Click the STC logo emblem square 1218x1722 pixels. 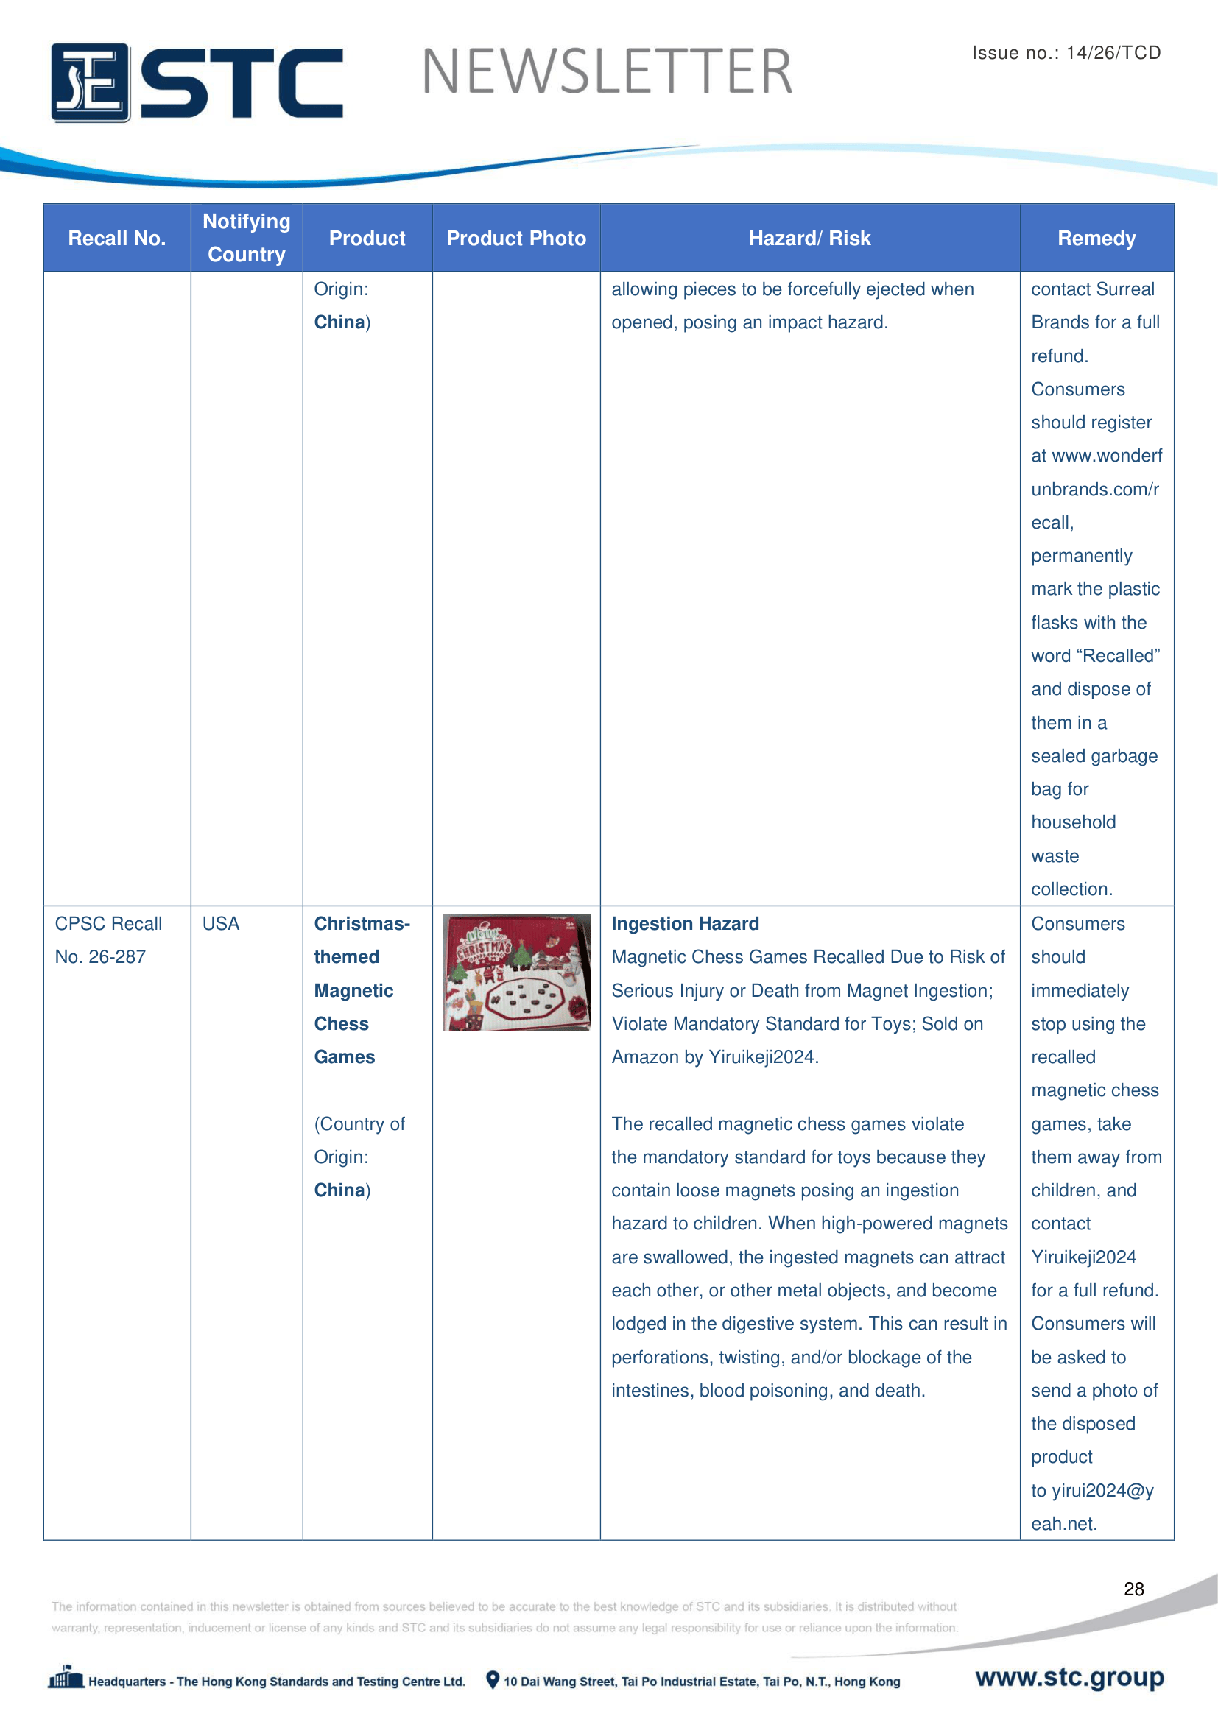(90, 82)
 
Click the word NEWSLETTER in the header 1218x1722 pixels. (607, 72)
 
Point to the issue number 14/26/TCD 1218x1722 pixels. (1113, 52)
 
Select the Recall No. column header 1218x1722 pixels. (117, 239)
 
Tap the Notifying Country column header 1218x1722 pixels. (247, 238)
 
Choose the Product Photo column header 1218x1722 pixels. (516, 239)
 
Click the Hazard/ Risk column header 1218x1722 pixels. (809, 239)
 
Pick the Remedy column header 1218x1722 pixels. (1096, 239)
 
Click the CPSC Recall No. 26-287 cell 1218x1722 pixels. (108, 939)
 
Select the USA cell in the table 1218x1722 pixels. (220, 923)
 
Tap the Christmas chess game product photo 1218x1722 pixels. (517, 972)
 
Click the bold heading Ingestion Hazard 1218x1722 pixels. (685, 923)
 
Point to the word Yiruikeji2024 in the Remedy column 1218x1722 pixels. (1083, 1257)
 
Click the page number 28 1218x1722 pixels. (1133, 1589)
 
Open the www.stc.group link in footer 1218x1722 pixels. (1069, 1677)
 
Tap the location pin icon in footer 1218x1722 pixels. (493, 1679)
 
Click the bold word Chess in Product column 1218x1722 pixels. (341, 1024)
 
